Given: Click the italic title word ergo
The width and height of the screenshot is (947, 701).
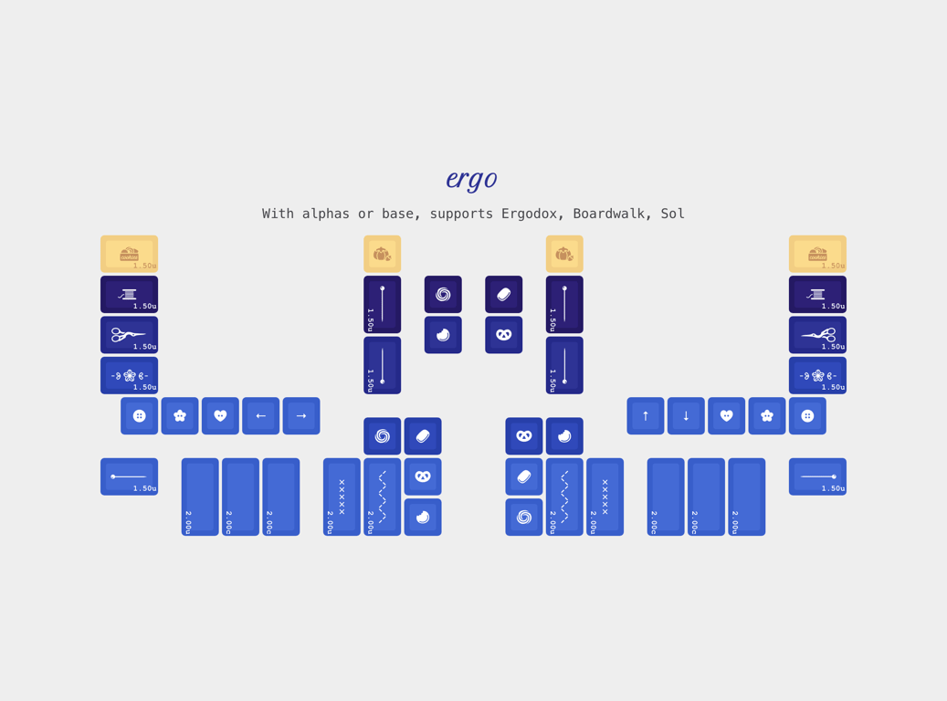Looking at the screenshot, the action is (472, 179).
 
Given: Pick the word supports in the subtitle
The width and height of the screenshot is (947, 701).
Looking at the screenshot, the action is (461, 214).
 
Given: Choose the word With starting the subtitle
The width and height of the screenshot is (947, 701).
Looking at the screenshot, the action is (278, 214).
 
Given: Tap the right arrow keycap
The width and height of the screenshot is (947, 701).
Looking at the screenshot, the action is (301, 416).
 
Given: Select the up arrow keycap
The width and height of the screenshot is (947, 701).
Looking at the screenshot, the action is (646, 416).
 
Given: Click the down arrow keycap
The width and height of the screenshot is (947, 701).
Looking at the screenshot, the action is (686, 416).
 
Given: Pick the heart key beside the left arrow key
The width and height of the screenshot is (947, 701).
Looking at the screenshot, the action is (220, 416).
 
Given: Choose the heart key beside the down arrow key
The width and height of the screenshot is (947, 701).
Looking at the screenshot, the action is (727, 416).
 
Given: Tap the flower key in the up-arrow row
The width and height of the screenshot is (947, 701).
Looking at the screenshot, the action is (767, 416).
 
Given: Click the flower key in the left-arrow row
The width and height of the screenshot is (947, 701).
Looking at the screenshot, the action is (180, 416).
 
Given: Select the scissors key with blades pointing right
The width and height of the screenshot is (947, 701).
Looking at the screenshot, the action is (130, 335).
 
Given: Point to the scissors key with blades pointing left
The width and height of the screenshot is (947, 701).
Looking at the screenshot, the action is (817, 335).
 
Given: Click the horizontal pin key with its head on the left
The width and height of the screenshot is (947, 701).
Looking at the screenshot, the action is (130, 477).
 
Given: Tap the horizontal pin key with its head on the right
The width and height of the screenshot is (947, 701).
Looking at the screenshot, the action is (817, 477).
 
